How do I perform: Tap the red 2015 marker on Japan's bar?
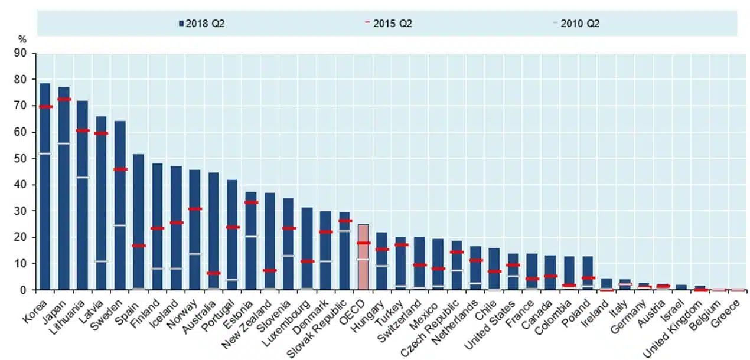pyautogui.click(x=64, y=99)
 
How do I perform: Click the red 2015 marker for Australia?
pyautogui.click(x=214, y=273)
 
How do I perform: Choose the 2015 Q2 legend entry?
pyautogui.click(x=389, y=24)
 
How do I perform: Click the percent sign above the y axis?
pyautogui.click(x=22, y=40)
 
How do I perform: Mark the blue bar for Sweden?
pyautogui.click(x=120, y=207)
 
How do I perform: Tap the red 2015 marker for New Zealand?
pyautogui.click(x=269, y=270)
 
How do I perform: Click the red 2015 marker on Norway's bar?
pyautogui.click(x=195, y=209)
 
